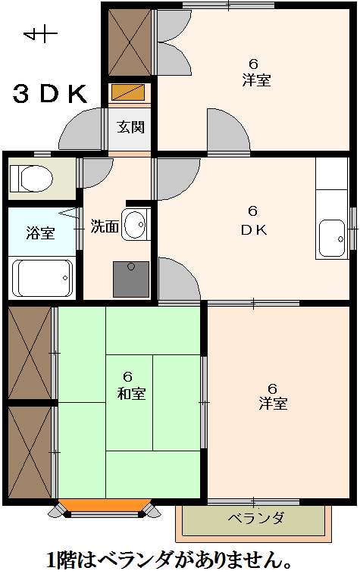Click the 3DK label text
coord(50,94)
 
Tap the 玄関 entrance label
coord(131,127)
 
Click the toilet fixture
coord(31,179)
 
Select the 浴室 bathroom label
coord(40,232)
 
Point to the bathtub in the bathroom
coord(42,278)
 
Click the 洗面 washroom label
coord(105,226)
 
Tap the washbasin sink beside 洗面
coord(136,224)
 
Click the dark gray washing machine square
coord(131,279)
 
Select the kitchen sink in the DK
coord(332,239)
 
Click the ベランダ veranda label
coord(256,519)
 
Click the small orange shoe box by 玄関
coord(128,92)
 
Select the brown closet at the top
coord(130,42)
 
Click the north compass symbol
coord(40,34)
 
